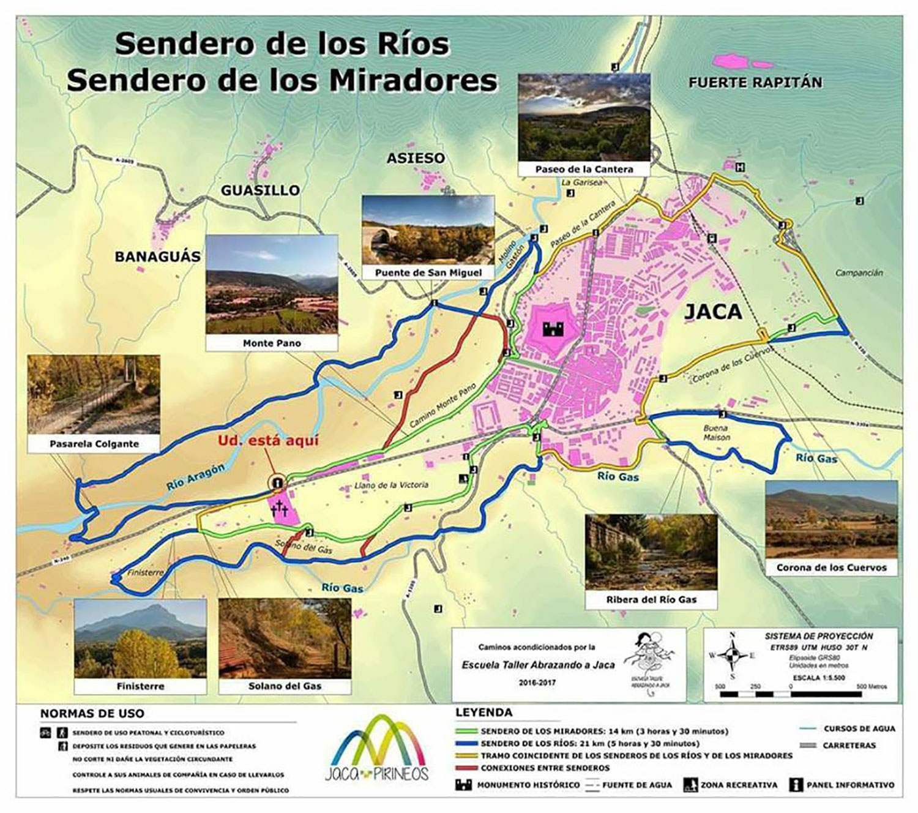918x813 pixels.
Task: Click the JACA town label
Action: pyautogui.click(x=713, y=312)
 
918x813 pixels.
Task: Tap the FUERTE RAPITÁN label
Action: pyautogui.click(x=755, y=83)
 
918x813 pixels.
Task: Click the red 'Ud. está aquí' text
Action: pyautogui.click(x=268, y=441)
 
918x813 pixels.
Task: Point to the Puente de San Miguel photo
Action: pyautogui.click(x=428, y=230)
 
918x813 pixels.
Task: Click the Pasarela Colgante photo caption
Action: pyautogui.click(x=94, y=444)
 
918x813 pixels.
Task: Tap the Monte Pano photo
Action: pyautogui.click(x=272, y=284)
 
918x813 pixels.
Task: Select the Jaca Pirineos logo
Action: pyautogui.click(x=376, y=751)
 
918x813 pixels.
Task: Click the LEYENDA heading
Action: pyautogui.click(x=483, y=713)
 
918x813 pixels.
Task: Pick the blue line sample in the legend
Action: pyautogui.click(x=466, y=744)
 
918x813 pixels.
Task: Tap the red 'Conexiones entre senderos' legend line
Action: pyautogui.click(x=466, y=768)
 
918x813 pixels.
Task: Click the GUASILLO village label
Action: pyautogui.click(x=260, y=190)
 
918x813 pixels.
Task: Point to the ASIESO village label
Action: pyautogui.click(x=416, y=159)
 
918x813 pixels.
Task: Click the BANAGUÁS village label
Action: pyautogui.click(x=158, y=257)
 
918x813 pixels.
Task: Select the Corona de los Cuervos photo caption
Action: pyautogui.click(x=831, y=568)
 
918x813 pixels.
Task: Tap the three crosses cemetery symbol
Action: pyautogui.click(x=280, y=508)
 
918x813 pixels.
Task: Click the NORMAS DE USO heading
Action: pyautogui.click(x=92, y=713)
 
